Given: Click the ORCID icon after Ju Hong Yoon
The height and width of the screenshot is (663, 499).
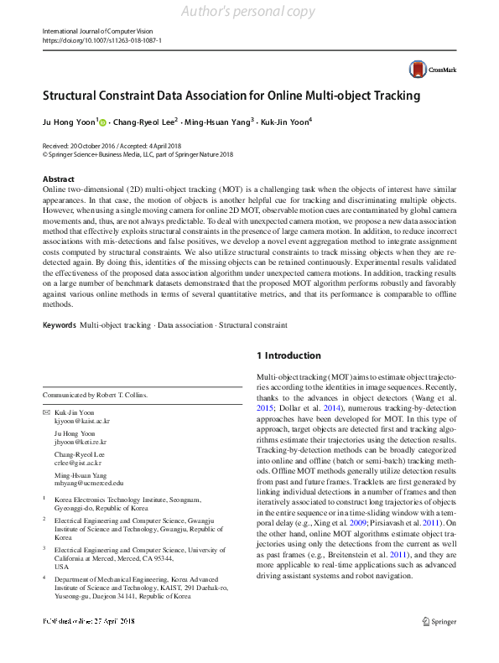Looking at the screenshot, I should (103, 122).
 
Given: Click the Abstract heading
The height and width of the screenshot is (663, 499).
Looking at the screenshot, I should (59, 179).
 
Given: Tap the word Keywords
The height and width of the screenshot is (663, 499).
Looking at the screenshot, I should (60, 324).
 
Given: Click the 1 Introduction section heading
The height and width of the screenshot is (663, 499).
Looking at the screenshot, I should (288, 355).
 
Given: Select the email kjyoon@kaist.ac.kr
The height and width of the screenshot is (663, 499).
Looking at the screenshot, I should (83, 422).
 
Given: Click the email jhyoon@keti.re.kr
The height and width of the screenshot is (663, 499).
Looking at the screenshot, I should (82, 441).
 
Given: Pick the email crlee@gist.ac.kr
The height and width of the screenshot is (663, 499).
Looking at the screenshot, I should (79, 462).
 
